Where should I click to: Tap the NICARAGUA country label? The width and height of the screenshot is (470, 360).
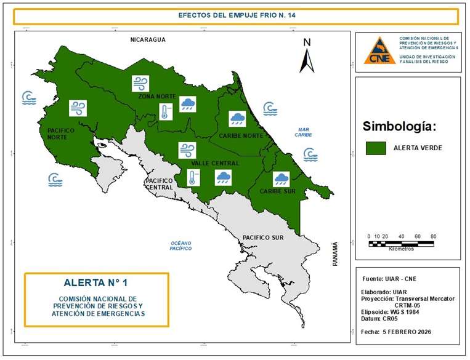pos(148,40)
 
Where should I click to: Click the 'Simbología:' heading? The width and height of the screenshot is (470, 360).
pos(399,127)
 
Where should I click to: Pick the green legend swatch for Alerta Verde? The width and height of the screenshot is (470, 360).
pos(375,148)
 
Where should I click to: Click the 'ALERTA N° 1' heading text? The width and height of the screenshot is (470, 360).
pos(95,283)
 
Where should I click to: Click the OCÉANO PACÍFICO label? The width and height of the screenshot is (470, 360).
pos(182,246)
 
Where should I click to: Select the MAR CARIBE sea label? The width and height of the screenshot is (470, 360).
pos(302,132)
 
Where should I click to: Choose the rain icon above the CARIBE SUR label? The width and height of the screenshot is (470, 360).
pos(282,178)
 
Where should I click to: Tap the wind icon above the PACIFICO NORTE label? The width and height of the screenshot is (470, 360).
pos(78,108)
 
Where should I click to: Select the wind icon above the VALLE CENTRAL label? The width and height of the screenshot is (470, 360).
pos(187,150)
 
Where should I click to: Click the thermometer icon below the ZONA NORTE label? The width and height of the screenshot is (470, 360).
pos(165,111)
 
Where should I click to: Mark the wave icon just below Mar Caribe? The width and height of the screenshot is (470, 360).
pos(310,154)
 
